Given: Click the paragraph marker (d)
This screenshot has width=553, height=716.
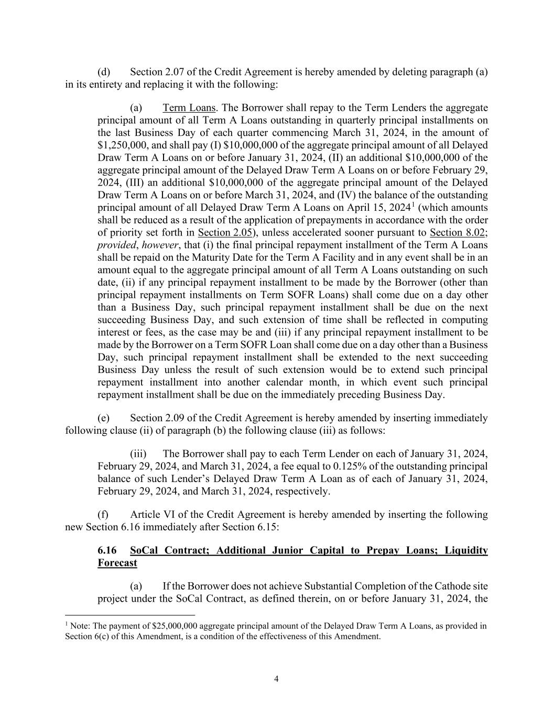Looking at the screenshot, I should tap(103, 72).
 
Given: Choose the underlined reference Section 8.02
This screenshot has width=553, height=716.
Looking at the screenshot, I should tap(457, 232).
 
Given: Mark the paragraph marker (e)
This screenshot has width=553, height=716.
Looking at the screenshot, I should tap(103, 418).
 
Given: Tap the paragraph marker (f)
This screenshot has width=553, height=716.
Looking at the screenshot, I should tap(103, 515).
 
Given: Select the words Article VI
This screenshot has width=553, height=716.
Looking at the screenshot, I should tap(152, 515).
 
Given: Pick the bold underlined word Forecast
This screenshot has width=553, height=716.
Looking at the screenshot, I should tap(117, 563).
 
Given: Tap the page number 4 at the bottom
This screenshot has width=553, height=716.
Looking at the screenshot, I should tap(276, 679).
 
